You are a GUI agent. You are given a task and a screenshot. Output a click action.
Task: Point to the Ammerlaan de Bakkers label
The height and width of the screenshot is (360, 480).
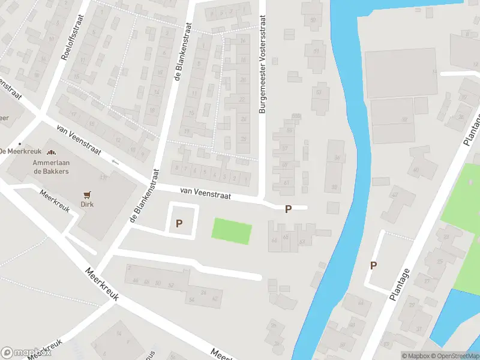point(50,167)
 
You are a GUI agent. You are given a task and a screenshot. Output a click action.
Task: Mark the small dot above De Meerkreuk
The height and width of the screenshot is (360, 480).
point(20,143)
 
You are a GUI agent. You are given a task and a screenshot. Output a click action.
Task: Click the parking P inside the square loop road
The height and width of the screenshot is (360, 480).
point(179,223)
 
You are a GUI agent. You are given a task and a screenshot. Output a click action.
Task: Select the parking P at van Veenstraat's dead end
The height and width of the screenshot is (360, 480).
point(288,209)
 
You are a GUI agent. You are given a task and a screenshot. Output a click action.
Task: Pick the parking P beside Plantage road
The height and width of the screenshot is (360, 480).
point(373,265)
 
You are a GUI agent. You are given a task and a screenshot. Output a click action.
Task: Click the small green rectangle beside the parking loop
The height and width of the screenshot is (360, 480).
point(232,232)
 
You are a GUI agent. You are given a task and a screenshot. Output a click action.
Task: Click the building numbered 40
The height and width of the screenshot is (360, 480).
point(416,170)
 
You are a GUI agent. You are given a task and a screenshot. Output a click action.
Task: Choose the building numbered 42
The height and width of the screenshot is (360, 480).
point(214,298)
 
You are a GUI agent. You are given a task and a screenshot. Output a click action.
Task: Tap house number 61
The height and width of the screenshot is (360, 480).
point(287,182)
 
